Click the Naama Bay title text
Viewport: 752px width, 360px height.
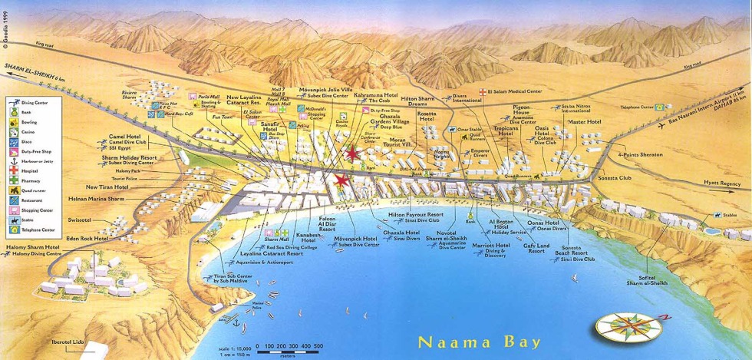pos(480,342)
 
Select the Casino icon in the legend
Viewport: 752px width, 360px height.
pos(15,131)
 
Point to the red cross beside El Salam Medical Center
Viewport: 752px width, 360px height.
pos(482,91)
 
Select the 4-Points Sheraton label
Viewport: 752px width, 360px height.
pos(638,154)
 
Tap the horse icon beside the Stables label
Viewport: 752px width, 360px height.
pos(717,216)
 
